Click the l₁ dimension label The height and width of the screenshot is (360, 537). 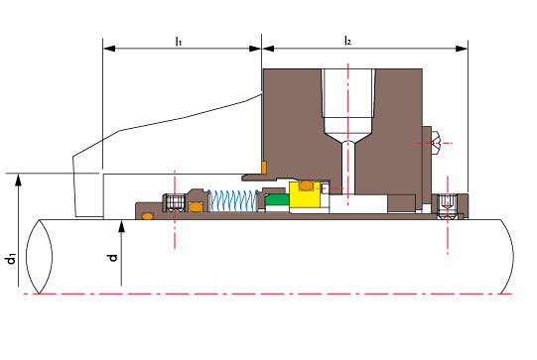[179, 42]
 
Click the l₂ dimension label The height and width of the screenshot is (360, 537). [347, 41]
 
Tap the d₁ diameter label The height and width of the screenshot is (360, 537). [11, 259]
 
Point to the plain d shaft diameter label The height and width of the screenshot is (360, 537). [113, 257]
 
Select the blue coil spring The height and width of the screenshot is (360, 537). [233, 200]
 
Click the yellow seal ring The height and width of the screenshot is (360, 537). [305, 194]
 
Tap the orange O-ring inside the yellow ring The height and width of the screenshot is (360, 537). [306, 185]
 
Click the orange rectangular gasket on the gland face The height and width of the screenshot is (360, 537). [264, 168]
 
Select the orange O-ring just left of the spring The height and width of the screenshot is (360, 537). [196, 207]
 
